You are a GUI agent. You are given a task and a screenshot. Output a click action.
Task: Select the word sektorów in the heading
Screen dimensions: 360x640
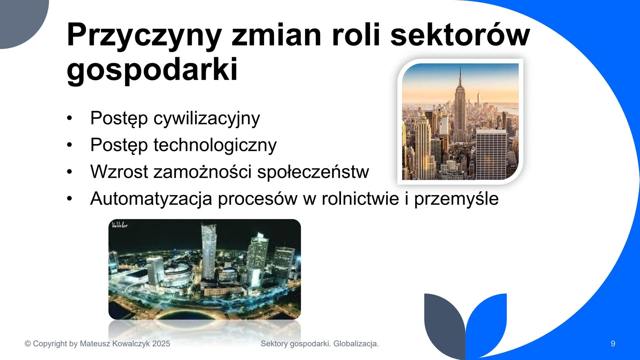[460, 35]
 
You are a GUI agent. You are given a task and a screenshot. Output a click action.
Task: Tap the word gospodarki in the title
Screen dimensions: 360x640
[152, 69]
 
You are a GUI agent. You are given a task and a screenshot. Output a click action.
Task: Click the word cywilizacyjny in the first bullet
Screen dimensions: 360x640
[207, 118]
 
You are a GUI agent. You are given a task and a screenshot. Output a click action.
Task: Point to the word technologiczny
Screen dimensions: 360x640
[215, 145]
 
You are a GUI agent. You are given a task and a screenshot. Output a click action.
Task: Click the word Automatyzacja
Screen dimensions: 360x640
[151, 199]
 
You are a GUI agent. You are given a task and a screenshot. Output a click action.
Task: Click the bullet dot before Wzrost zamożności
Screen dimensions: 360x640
[69, 172]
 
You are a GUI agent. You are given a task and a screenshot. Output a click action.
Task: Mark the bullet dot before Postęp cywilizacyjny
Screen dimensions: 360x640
[69, 118]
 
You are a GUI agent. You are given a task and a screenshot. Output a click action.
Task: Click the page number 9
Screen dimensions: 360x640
[613, 344]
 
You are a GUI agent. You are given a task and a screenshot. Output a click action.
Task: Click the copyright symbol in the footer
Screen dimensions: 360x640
[28, 344]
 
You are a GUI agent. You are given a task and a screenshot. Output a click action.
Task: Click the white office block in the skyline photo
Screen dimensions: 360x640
[491, 153]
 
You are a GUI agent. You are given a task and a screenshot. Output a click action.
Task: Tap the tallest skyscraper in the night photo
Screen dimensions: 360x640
[209, 250]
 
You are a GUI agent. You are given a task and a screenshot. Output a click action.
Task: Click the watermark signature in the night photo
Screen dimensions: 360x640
[120, 225]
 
